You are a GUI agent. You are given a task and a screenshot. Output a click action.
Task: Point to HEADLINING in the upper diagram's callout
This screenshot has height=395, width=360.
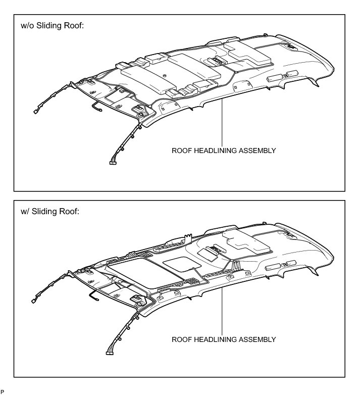[216, 151]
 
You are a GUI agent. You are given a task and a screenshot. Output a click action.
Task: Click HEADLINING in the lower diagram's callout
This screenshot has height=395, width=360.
[216, 339]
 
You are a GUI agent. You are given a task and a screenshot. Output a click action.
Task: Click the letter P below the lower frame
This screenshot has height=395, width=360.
[3, 391]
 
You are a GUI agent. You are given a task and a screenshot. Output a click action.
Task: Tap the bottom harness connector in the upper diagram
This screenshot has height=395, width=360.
[113, 163]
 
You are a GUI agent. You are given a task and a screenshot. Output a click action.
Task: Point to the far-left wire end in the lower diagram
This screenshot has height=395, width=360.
[33, 301]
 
